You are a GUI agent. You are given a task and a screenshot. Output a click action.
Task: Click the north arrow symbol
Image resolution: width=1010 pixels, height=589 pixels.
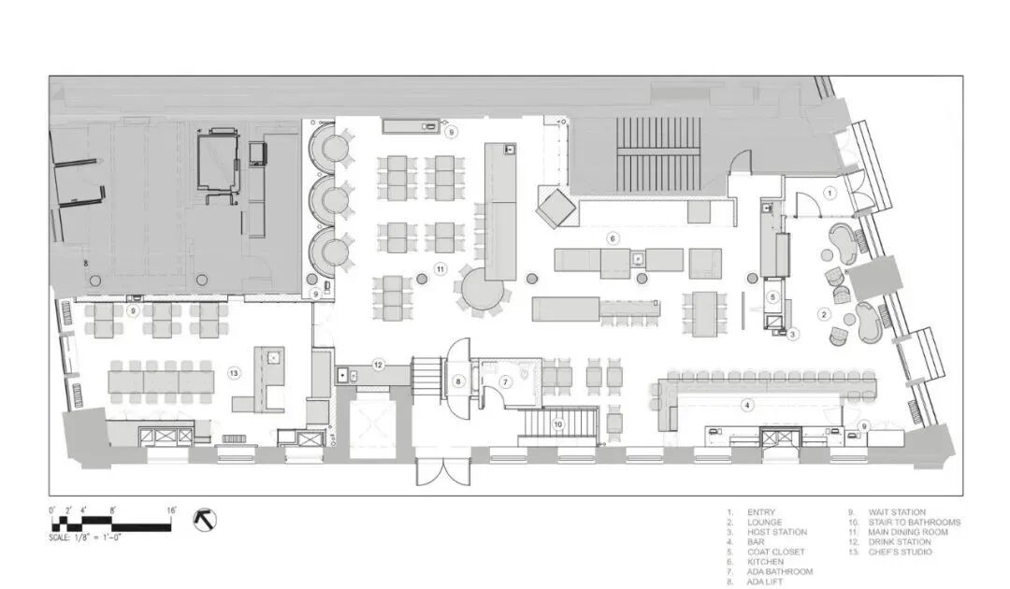click(x=205, y=519)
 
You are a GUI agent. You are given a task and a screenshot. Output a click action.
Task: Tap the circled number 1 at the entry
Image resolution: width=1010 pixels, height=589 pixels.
click(x=830, y=193)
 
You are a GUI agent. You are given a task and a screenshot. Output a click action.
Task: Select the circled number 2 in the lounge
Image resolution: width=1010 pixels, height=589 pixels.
click(x=824, y=314)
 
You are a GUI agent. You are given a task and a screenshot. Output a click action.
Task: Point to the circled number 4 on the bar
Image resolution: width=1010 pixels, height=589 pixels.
click(x=747, y=406)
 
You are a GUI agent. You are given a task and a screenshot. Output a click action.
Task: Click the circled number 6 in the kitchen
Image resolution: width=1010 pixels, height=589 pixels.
click(x=613, y=238)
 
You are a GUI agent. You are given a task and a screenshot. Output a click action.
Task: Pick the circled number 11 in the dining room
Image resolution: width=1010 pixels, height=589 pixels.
click(x=440, y=269)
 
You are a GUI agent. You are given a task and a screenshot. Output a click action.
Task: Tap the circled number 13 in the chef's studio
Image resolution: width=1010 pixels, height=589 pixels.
click(x=234, y=373)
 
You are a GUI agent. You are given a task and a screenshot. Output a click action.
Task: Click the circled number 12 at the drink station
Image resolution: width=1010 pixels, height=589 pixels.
click(x=378, y=365)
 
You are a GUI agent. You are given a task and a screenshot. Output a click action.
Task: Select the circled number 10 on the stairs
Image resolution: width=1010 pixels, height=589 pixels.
click(x=558, y=424)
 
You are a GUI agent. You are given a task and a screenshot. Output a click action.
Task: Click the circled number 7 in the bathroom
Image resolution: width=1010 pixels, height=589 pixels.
click(x=506, y=382)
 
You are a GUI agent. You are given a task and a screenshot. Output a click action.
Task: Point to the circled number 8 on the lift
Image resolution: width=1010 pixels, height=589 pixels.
click(x=458, y=381)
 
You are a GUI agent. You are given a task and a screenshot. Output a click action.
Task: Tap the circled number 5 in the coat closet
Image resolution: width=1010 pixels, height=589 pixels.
click(x=773, y=297)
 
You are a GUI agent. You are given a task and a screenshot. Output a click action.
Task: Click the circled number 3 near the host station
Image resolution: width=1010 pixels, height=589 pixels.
click(x=793, y=334)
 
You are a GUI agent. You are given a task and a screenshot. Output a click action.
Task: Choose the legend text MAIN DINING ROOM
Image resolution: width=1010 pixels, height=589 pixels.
click(x=907, y=532)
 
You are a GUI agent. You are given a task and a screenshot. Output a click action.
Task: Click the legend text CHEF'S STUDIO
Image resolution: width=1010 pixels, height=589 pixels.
click(x=900, y=552)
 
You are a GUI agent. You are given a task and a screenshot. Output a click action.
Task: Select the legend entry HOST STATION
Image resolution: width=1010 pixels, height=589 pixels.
click(x=777, y=532)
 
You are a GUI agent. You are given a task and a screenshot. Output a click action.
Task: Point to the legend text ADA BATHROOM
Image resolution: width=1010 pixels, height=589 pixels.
click(x=780, y=571)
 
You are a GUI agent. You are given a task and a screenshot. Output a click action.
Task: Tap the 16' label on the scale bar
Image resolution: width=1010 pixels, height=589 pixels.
click(x=171, y=510)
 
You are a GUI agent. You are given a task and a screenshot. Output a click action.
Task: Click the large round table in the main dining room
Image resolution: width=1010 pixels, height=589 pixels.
click(x=480, y=289)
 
